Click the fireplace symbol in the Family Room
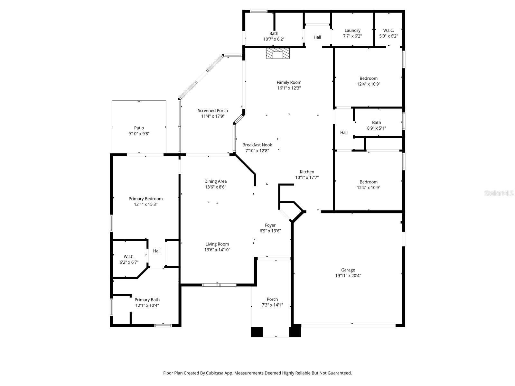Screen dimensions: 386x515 pos(278,53)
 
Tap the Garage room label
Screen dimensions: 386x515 pos(348,270)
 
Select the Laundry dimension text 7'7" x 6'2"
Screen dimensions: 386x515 pos(352,36)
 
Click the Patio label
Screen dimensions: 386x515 pos(139,128)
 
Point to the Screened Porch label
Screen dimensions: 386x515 pos(213,111)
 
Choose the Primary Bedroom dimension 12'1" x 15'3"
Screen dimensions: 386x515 pos(145,204)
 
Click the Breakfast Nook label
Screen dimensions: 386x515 pos(257,145)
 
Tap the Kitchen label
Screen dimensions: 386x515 pos(307,172)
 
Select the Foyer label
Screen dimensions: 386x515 pos(270,225)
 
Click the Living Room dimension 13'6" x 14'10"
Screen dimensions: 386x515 pos(217,250)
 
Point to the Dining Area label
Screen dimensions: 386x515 pos(215,181)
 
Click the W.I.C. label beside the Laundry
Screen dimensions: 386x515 pos(389,31)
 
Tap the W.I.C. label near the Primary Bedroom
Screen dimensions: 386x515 pos(129,257)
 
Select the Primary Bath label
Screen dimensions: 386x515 pos(147,300)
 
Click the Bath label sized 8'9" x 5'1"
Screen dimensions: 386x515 pos(376,123)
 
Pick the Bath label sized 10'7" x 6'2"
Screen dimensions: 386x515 pos(274,33)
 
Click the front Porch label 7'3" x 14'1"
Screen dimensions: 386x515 pos(272,299)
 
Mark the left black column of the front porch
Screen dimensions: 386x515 pos(257,332)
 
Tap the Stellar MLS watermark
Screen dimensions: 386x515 pos(499,193)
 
